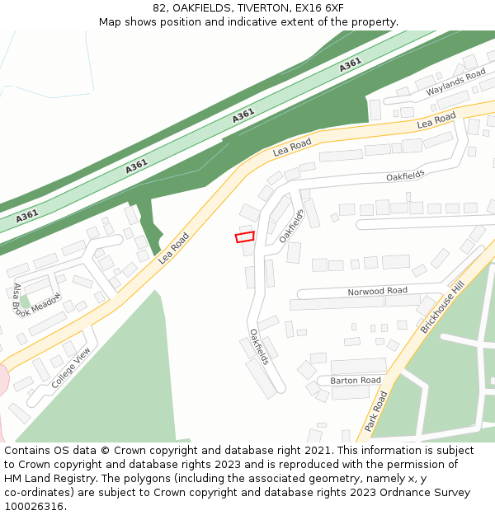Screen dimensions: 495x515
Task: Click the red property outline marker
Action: point(244,237)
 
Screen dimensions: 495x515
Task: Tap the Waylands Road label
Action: point(456,83)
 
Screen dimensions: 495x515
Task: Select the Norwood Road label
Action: point(377,291)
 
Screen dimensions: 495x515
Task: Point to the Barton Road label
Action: point(355,381)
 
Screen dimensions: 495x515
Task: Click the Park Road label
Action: point(376,411)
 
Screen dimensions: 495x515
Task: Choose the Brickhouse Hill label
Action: point(442,306)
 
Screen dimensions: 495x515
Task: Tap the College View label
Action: point(71,368)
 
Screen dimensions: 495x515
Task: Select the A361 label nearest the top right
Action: point(350,64)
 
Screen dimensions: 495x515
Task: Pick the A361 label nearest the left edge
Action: point(27,216)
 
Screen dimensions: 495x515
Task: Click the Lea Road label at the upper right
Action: point(436,120)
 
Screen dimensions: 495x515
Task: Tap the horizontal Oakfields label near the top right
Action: point(405,176)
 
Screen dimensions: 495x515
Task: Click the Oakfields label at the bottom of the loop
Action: point(259,347)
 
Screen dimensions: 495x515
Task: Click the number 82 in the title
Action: point(160,8)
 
